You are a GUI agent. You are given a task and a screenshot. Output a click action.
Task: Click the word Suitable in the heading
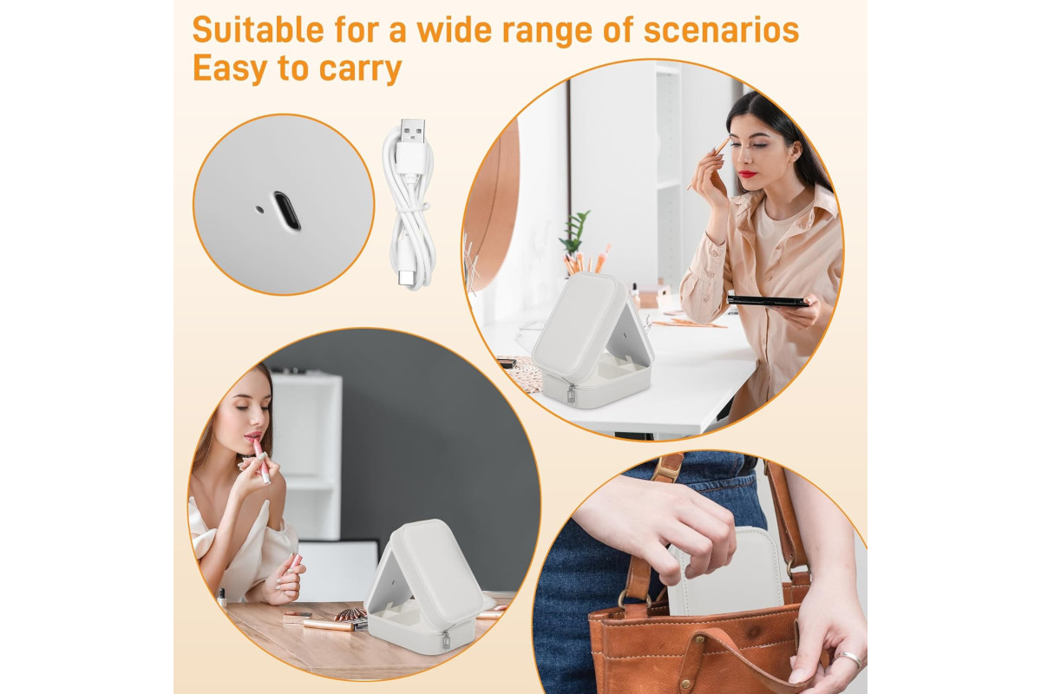[258, 29]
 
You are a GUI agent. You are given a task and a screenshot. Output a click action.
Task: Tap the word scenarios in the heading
[721, 29]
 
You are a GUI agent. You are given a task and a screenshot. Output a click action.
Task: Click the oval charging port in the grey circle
[287, 211]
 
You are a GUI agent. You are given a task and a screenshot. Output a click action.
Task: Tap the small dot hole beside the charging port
[259, 210]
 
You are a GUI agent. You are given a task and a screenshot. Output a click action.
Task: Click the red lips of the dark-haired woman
[748, 173]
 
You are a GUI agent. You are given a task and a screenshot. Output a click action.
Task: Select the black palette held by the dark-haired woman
[767, 301]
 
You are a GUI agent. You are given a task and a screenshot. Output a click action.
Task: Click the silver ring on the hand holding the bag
[850, 659]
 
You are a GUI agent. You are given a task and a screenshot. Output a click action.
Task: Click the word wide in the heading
[454, 29]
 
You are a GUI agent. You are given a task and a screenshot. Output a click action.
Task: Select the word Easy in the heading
[230, 69]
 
